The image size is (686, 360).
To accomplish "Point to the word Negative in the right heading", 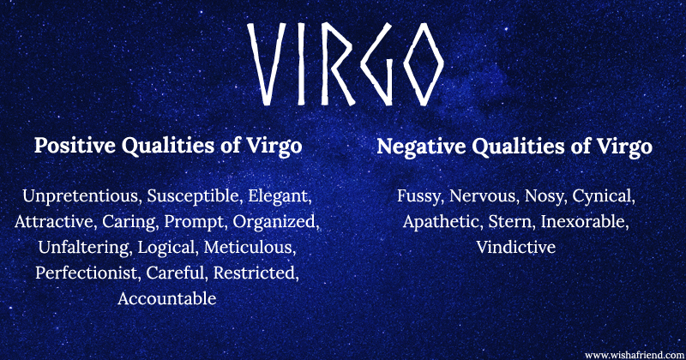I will tap(419, 147).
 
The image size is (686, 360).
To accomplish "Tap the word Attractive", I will tap(54, 222).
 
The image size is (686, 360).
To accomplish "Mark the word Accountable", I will tap(167, 299).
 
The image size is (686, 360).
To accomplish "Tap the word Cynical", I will tap(602, 196).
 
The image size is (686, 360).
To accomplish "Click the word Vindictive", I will tap(515, 248).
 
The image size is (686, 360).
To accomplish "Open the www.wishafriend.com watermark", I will tap(632, 353).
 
